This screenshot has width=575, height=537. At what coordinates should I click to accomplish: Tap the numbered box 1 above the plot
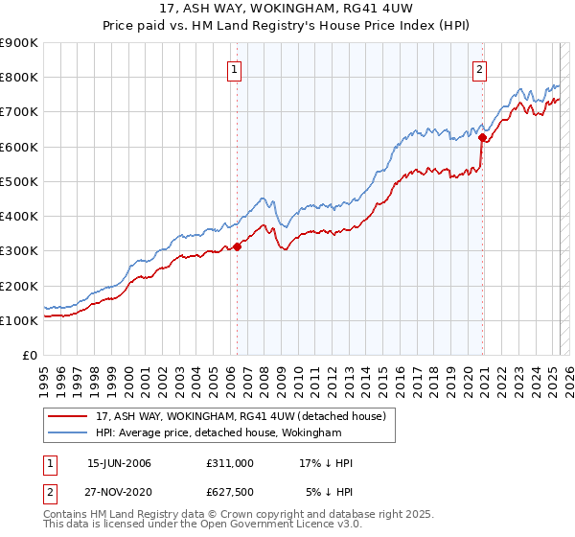pos(235,68)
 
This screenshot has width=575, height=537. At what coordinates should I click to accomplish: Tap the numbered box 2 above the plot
pos(479,68)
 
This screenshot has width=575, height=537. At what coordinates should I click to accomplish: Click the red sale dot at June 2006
pos(237,247)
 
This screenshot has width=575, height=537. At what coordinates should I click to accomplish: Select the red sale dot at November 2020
pos(482,137)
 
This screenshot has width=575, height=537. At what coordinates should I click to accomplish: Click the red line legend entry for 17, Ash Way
pos(240,416)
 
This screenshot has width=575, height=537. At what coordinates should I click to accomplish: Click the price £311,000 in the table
pos(230,463)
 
